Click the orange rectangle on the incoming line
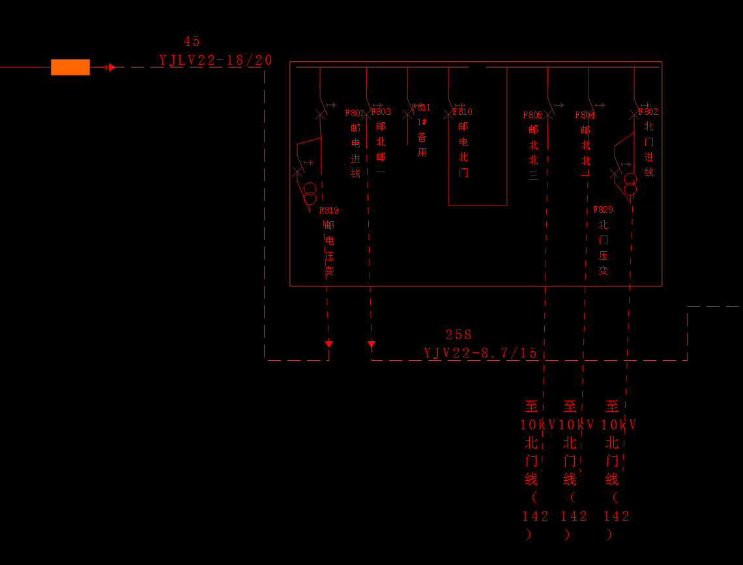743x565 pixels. pos(70,67)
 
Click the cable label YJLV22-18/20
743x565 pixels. pos(216,61)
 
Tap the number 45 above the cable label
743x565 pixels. pos(192,41)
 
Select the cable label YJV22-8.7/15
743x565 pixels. pos(481,354)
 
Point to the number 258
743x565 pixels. pos(459,335)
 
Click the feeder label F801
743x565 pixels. pos(354,114)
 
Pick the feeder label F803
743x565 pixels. pos(381,112)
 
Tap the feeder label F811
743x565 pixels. pos(422,108)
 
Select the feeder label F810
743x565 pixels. pos(463,112)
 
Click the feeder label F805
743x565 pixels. pos(532,115)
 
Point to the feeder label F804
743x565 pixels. pos(585,115)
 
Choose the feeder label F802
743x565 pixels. pos(649,112)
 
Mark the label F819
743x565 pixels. pos(329,211)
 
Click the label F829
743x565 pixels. pos(603,209)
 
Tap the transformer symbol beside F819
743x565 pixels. pos(310,194)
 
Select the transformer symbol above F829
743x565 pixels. pos(630,184)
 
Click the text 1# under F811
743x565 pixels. pos(422,122)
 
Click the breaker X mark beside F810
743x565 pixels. pos(448,114)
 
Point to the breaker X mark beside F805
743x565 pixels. pos(548,115)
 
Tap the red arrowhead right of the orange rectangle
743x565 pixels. pos(111,67)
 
